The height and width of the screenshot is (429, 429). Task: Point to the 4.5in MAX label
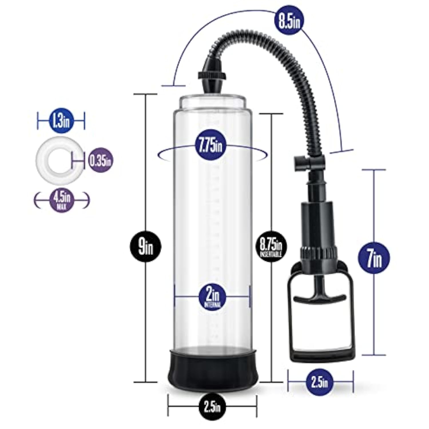pos(62,200)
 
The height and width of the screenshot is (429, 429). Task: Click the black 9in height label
pos(146,246)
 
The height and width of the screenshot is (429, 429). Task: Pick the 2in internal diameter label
pos(212,297)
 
